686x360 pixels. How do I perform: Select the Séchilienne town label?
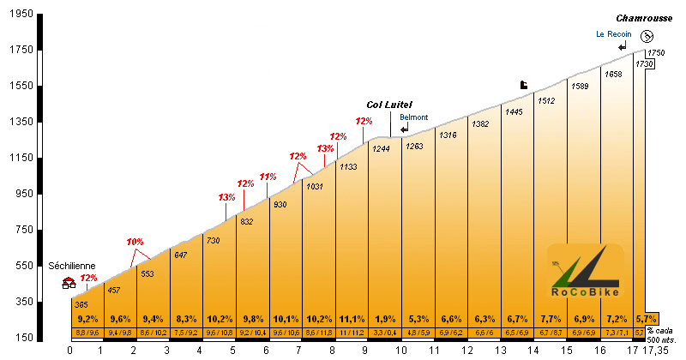71,266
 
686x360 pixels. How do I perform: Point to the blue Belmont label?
414,117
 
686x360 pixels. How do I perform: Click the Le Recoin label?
614,34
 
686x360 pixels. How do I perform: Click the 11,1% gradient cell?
351,318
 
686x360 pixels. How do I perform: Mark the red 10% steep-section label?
135,242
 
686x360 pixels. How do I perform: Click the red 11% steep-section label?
268,177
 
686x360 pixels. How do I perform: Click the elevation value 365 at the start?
81,304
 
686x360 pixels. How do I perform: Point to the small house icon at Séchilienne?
69,281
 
